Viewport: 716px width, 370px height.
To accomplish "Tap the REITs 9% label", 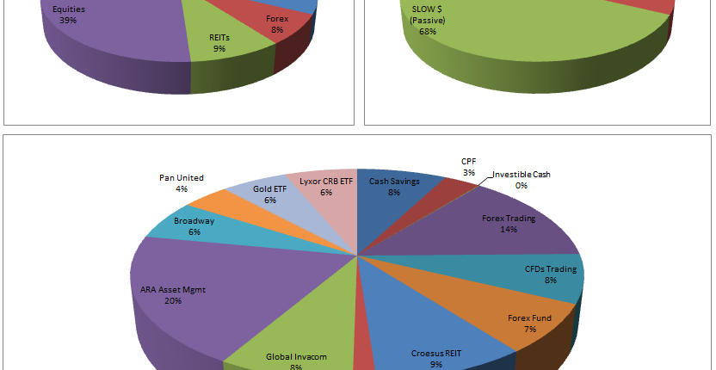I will (x=219, y=44).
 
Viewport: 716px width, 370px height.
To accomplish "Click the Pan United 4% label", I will (x=182, y=183).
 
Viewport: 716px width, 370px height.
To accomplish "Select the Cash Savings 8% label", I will (x=393, y=187).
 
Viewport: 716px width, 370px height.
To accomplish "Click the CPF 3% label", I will (x=469, y=167).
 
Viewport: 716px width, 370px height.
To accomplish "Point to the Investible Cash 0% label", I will (x=521, y=180).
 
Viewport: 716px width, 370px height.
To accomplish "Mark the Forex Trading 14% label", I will (x=509, y=224).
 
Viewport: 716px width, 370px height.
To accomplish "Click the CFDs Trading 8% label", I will (x=551, y=274).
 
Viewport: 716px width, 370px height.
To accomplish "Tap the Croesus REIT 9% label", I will (x=436, y=358).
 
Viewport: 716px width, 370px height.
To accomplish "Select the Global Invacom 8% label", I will (x=297, y=361).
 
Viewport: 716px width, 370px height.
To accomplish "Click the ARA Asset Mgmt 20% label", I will (x=173, y=295).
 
